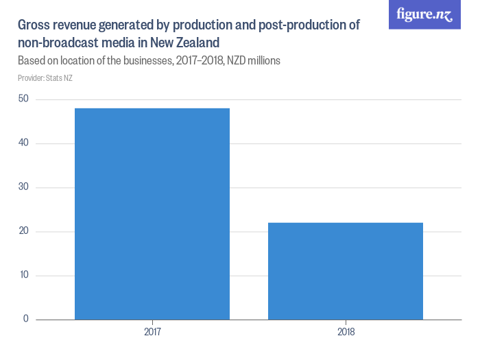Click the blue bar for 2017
[x=152, y=213]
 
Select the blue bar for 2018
[x=346, y=271]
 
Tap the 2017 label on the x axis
[x=152, y=333]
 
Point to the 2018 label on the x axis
[x=346, y=333]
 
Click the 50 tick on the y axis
[x=23, y=99]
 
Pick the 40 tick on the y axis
[x=23, y=143]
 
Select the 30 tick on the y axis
[x=23, y=187]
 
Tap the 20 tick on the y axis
[x=23, y=231]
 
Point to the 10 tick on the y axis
[x=23, y=275]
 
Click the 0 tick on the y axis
[x=26, y=319]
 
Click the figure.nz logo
[x=424, y=14]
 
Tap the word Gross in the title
[x=34, y=25]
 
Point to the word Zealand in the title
[x=184, y=43]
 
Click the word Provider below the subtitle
[x=30, y=77]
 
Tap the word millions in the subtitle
[x=263, y=60]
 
